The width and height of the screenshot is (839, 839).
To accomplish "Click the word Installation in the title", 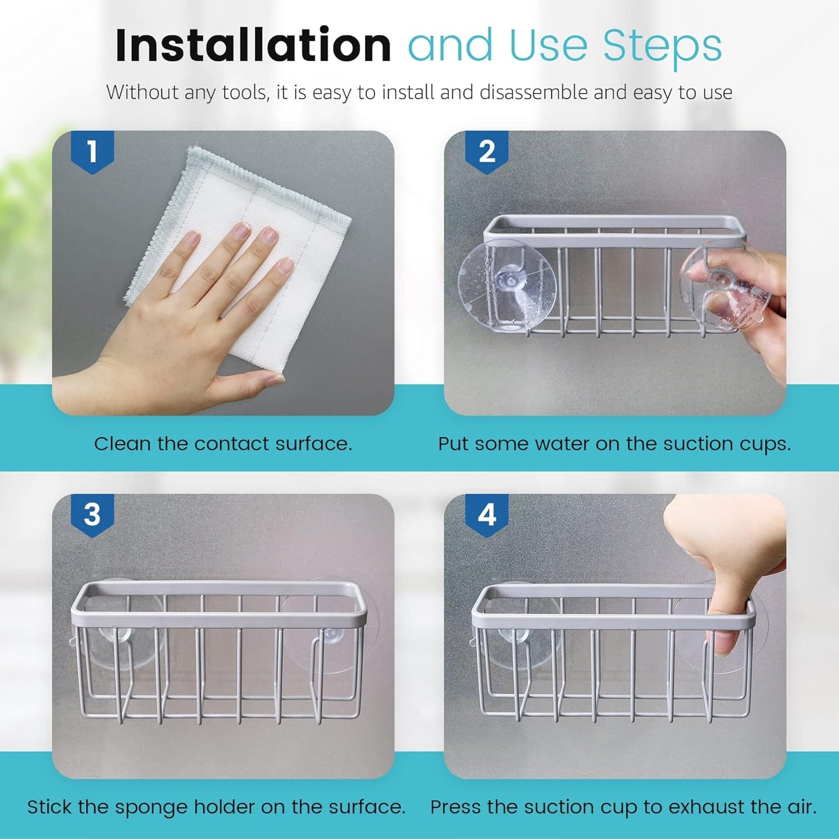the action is [253, 46].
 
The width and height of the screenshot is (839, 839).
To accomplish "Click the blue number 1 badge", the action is [92, 152].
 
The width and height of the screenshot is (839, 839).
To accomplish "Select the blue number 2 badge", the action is [487, 152].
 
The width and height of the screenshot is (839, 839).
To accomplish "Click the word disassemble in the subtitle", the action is [534, 93].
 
